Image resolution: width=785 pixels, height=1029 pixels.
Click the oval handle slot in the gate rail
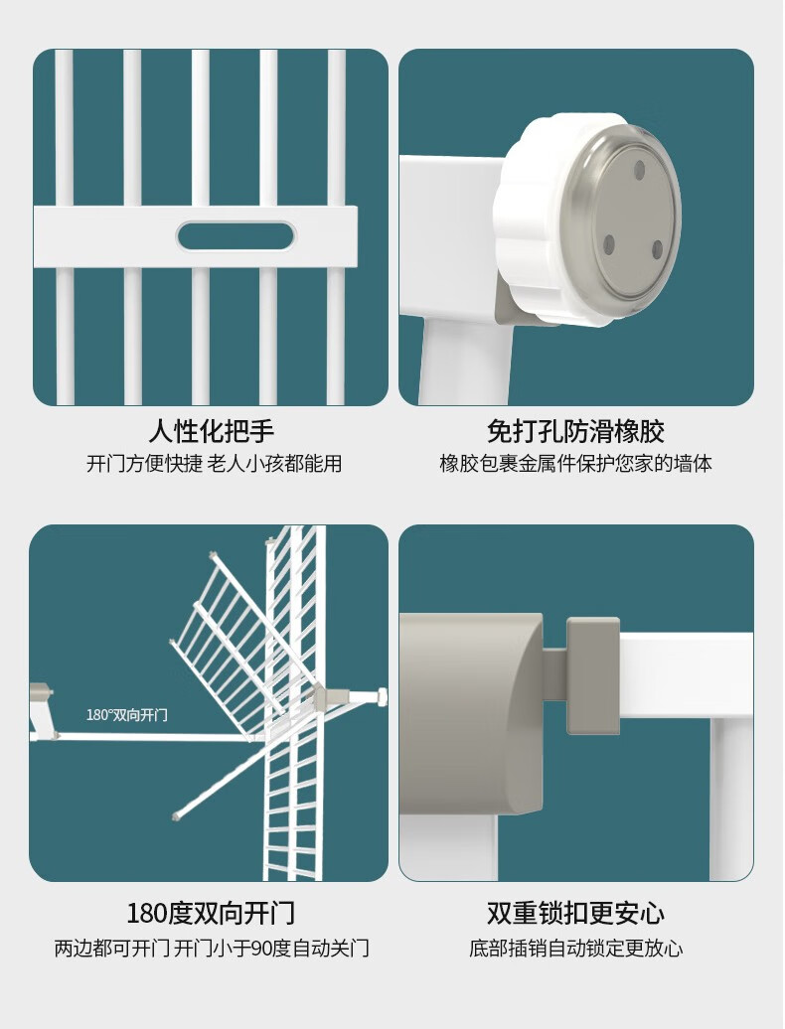click(236, 236)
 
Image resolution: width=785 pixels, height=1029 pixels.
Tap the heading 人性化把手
click(211, 431)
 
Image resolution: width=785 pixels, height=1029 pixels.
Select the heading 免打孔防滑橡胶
click(575, 431)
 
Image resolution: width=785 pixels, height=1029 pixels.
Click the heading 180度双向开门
click(211, 914)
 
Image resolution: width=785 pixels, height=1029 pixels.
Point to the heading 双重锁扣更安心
click(575, 914)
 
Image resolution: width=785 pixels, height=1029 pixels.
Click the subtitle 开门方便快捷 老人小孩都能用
click(214, 464)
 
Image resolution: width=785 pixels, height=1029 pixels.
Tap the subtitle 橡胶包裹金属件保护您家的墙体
click(575, 464)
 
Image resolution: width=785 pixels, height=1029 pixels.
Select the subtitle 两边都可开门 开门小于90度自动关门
click(212, 949)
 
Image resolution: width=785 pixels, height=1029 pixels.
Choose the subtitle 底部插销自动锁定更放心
click(575, 949)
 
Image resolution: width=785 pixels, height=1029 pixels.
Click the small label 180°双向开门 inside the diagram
click(126, 715)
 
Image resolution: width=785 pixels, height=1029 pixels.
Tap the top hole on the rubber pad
click(639, 171)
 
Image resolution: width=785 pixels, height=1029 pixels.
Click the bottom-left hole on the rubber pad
click(608, 244)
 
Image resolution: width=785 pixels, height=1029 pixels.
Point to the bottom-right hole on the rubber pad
click(657, 248)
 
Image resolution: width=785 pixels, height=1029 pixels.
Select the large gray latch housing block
click(471, 714)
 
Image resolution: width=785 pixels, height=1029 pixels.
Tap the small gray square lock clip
click(592, 675)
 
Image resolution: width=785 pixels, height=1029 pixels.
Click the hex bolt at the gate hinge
click(380, 696)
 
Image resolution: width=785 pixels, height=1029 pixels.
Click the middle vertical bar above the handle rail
click(200, 128)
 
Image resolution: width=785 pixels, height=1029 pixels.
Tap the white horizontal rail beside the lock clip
click(686, 675)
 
